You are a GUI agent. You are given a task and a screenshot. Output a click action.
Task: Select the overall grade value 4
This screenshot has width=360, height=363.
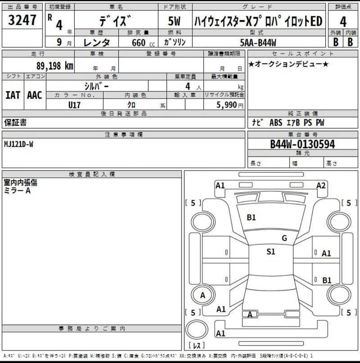click(343, 21)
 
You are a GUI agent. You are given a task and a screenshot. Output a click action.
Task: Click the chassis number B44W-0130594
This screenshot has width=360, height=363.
click(302, 145)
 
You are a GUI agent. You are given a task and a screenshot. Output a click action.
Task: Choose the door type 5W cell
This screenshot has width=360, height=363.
click(175, 21)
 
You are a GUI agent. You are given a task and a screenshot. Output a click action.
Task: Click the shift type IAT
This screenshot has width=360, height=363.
click(13, 95)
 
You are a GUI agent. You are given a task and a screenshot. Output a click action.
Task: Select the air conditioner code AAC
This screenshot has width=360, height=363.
click(35, 95)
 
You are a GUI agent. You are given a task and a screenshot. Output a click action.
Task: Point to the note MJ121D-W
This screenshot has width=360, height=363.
click(18, 144)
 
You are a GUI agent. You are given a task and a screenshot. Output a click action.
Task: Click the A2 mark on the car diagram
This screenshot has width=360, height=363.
click(321, 185)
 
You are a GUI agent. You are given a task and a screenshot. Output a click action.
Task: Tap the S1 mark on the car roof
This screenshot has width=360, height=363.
click(270, 252)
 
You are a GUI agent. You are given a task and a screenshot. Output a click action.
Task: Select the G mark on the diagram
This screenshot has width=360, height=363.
click(284, 238)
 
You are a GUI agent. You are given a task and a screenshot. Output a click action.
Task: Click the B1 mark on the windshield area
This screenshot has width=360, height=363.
click(251, 217)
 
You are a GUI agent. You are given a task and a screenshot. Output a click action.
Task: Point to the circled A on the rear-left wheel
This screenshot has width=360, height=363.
click(202, 295)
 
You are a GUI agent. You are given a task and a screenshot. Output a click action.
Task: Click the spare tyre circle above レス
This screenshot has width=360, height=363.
click(197, 331)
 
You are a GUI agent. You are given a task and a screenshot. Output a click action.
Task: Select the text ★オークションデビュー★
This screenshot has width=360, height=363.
click(288, 64)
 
